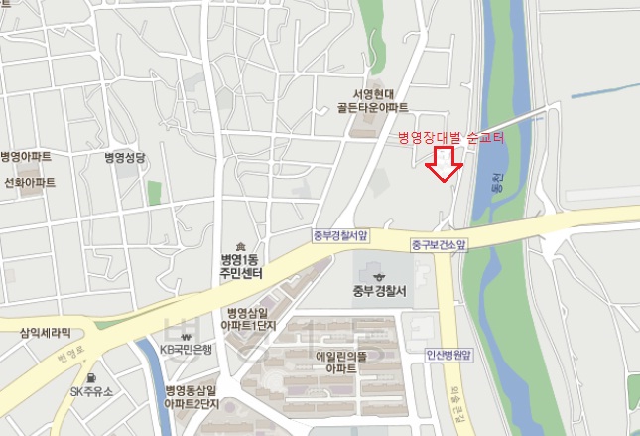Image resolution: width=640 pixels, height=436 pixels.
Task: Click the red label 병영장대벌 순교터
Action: click(x=451, y=139)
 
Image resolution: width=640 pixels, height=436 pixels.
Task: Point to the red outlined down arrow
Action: click(x=443, y=164)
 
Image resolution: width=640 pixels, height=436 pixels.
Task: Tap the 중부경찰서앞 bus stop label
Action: click(x=338, y=236)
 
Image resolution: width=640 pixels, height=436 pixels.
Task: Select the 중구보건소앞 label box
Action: click(x=439, y=243)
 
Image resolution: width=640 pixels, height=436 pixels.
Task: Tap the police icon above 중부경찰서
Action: click(x=378, y=276)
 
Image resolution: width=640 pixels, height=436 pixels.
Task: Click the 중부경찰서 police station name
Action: click(x=380, y=292)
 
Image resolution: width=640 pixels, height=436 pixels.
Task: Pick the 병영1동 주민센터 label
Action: click(x=239, y=266)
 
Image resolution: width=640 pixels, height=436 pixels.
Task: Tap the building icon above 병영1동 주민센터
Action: click(x=239, y=245)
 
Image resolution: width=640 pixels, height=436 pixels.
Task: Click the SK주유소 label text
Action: click(x=91, y=392)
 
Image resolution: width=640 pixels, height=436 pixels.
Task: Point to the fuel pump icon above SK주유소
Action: click(x=90, y=377)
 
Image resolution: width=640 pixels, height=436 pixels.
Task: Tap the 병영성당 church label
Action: click(x=125, y=158)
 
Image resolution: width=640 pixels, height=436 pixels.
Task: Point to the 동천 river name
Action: click(x=497, y=184)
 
